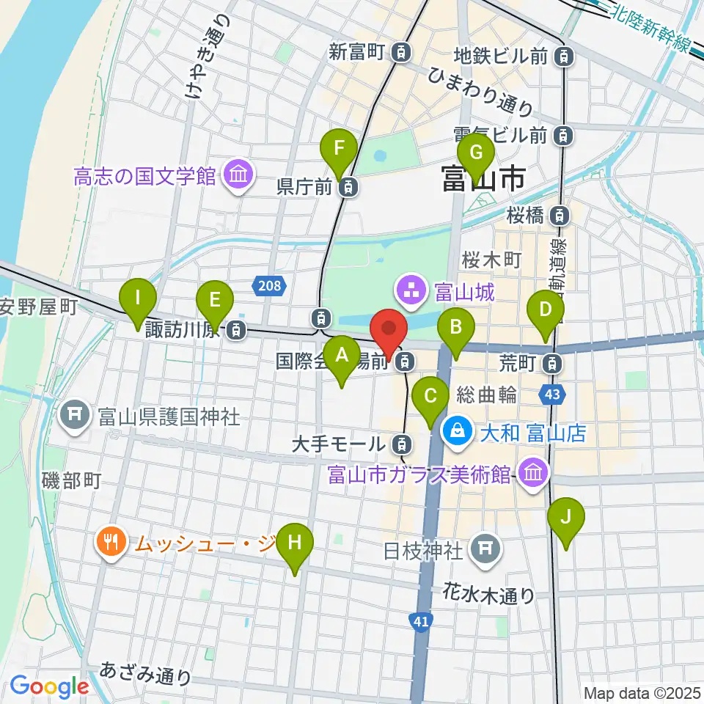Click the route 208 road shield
click(269, 285)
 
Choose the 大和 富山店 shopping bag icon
click(458, 433)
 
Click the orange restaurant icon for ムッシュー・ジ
click(111, 543)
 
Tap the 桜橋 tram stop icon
click(560, 215)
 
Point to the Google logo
click(49, 686)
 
